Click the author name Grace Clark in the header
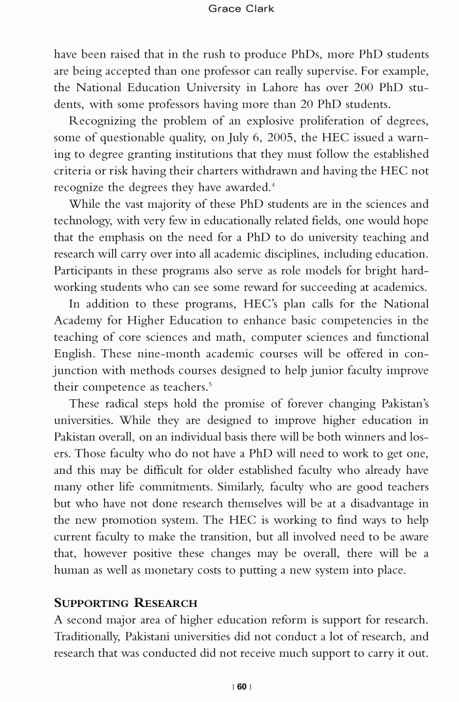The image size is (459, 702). point(241,9)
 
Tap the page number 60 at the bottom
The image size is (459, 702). point(242,686)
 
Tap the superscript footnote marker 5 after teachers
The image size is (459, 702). point(210,383)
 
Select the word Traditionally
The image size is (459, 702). point(87,636)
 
